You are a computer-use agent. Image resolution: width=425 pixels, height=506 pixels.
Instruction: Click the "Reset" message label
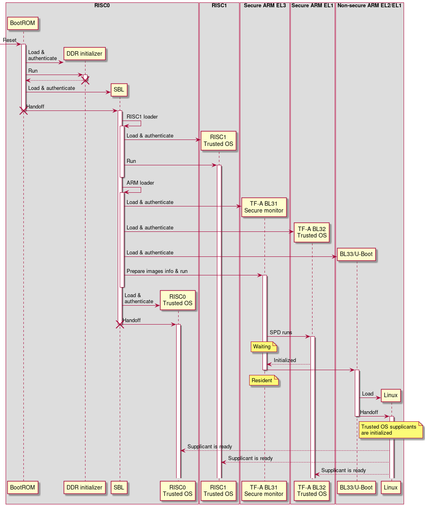[10, 40]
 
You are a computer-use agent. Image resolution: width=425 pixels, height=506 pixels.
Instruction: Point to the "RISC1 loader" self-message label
[142, 117]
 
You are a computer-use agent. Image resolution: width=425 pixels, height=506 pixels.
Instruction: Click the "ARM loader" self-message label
[140, 183]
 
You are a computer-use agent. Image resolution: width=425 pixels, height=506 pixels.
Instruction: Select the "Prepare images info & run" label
[157, 271]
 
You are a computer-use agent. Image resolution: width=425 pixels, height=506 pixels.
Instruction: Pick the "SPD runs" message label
[281, 333]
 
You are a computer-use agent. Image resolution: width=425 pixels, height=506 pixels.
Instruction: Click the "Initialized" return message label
[285, 360]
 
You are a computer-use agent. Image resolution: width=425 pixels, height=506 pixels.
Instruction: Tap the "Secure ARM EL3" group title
[265, 6]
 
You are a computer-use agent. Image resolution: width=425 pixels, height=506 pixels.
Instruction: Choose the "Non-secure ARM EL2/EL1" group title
[369, 6]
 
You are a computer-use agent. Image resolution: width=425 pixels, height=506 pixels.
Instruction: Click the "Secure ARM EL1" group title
[312, 6]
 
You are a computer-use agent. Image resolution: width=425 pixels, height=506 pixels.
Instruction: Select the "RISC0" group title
[102, 6]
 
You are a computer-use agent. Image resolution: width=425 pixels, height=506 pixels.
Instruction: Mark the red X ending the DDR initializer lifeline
[85, 80]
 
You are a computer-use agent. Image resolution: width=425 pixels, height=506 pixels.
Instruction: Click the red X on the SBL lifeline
[120, 324]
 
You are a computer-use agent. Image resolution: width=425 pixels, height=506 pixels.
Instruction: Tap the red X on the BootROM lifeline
[23, 110]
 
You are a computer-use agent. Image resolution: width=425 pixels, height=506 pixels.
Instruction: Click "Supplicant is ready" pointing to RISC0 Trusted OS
[210, 447]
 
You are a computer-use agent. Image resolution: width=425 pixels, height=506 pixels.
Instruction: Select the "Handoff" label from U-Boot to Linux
[369, 412]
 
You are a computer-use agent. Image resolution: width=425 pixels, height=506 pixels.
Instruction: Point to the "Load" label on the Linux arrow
[367, 394]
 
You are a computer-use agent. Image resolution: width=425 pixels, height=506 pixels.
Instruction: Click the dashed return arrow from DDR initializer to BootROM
[54, 81]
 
